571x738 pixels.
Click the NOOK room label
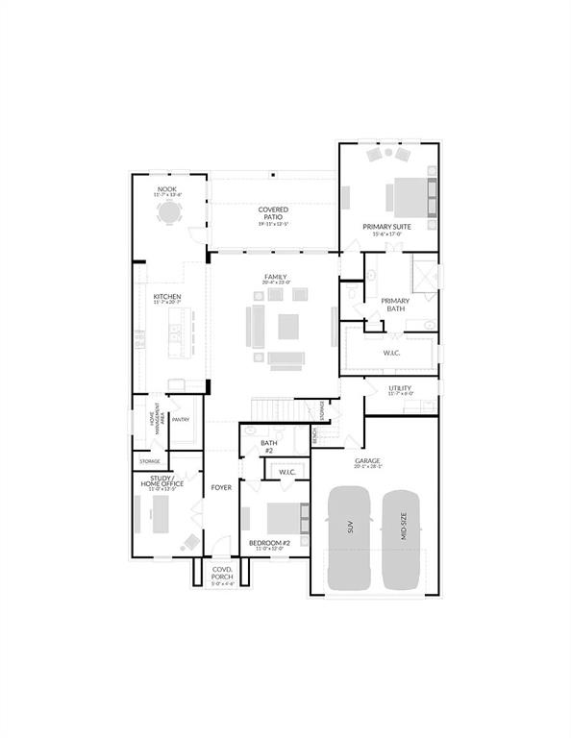(x=167, y=190)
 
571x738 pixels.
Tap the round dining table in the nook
(x=169, y=212)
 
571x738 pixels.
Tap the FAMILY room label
(x=276, y=279)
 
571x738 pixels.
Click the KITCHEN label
(x=167, y=298)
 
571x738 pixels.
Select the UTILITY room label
(x=400, y=389)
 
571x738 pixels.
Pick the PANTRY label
(x=181, y=419)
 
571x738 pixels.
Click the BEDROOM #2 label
(x=270, y=545)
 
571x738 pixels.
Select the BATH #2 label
(x=269, y=446)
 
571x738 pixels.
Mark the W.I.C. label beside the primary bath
(x=391, y=353)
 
